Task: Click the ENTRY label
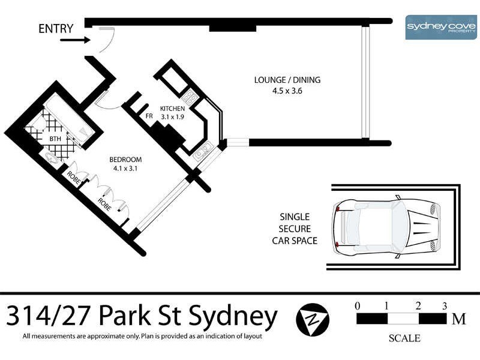click(x=56, y=28)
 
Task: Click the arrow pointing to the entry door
click(x=74, y=41)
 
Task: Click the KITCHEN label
click(x=176, y=109)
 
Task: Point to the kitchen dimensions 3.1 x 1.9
click(x=176, y=116)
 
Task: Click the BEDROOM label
click(x=125, y=160)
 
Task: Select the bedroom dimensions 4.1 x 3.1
click(x=125, y=169)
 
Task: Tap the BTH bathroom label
click(x=55, y=139)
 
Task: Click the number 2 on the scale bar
click(x=418, y=306)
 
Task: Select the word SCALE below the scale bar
click(x=404, y=338)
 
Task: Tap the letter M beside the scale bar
click(x=459, y=319)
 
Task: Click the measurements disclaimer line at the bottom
click(x=142, y=336)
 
